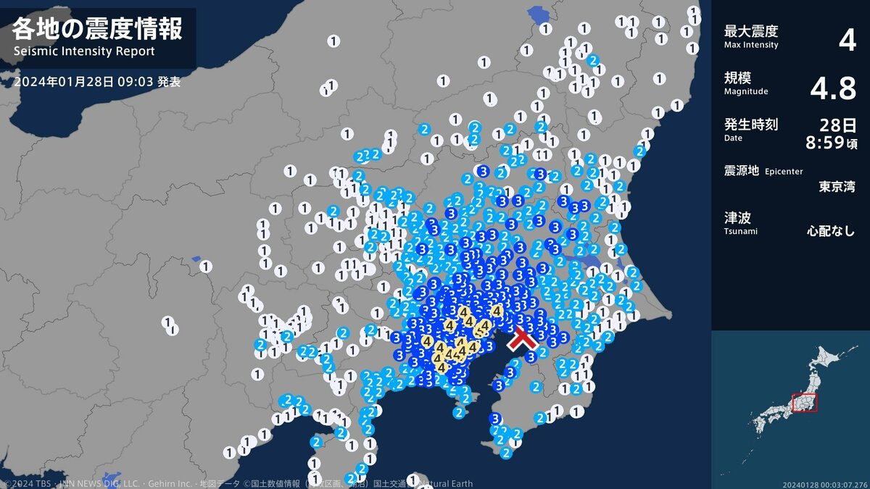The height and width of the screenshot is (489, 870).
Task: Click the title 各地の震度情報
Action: [x=97, y=29]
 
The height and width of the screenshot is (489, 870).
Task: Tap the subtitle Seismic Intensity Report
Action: [x=84, y=52]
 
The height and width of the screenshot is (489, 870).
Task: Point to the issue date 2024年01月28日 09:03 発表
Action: [x=97, y=82]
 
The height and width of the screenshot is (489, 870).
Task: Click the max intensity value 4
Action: [x=847, y=40]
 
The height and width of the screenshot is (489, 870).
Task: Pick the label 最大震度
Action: [x=751, y=31]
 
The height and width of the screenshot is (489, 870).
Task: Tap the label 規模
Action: [x=737, y=78]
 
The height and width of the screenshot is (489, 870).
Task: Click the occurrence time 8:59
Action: [x=826, y=143]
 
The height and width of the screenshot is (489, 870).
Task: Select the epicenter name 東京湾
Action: [x=837, y=186]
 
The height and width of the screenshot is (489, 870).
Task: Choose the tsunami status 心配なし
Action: [x=831, y=232]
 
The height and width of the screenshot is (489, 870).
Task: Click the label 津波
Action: [x=737, y=217]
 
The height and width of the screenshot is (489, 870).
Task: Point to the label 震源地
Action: [x=741, y=171]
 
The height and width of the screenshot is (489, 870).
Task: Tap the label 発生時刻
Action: [x=751, y=125]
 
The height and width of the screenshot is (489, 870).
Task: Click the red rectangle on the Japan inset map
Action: [x=804, y=403]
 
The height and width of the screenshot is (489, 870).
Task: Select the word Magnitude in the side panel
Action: [x=746, y=91]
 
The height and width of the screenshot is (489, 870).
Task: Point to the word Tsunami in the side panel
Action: [x=741, y=231]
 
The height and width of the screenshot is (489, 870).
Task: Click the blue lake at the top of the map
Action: [x=539, y=14]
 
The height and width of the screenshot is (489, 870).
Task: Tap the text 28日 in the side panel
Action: [x=837, y=125]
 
